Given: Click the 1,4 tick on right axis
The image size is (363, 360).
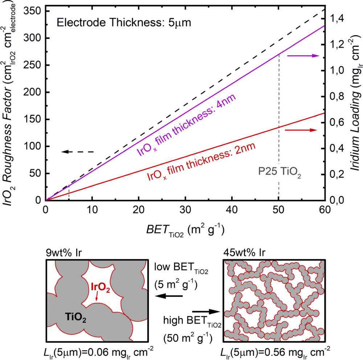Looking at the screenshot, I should pyautogui.click(x=337, y=18).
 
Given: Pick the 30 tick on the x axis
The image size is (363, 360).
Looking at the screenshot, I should pyautogui.click(x=185, y=210).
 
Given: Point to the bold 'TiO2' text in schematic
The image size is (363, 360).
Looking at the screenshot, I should pyautogui.click(x=76, y=316).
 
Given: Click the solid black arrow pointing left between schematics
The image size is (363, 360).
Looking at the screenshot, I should pyautogui.click(x=167, y=296).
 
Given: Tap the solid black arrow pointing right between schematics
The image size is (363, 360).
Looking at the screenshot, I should pyautogui.click(x=206, y=311).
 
